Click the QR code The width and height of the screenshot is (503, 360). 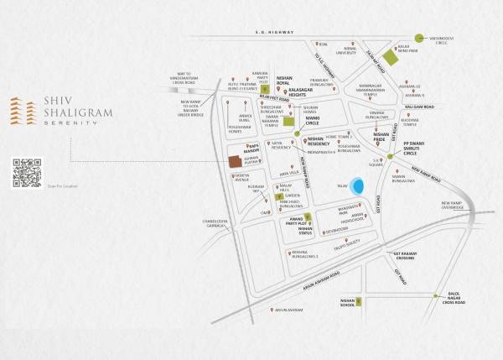pyautogui.click(x=28, y=172)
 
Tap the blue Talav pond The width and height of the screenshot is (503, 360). pyautogui.click(x=358, y=185)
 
